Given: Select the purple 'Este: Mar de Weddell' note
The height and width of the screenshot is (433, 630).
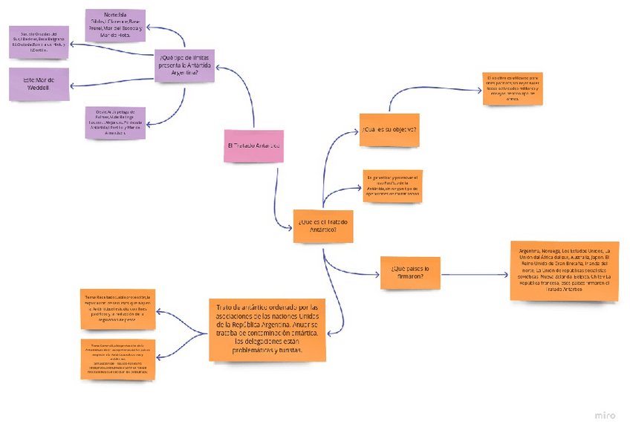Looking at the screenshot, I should click(x=39, y=85).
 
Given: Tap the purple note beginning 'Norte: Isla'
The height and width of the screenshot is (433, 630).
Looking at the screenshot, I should click(x=115, y=25).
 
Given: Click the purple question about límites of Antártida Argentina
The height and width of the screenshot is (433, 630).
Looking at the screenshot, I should click(x=184, y=65).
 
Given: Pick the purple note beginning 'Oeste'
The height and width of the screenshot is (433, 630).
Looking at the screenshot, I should click(x=115, y=123).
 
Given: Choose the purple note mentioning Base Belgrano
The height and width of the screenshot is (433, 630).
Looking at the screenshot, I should click(x=39, y=42).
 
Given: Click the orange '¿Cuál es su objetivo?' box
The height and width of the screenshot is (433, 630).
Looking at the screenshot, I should click(x=389, y=129).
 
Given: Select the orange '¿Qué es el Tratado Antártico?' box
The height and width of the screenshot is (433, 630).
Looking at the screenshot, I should click(x=322, y=225).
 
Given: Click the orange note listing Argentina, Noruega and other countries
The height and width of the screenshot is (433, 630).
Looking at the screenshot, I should click(x=565, y=270).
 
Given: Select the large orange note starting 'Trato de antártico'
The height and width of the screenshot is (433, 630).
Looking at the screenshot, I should click(x=267, y=328).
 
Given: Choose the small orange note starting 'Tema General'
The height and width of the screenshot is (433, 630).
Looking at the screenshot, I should click(x=117, y=359).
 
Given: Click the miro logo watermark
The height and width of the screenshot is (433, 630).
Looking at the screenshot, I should click(x=605, y=415).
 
